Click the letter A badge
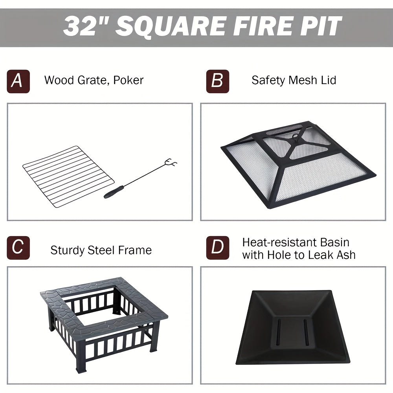(18, 81)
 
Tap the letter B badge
(217, 81)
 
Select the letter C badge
(18, 248)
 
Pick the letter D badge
(217, 248)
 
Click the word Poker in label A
(128, 80)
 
